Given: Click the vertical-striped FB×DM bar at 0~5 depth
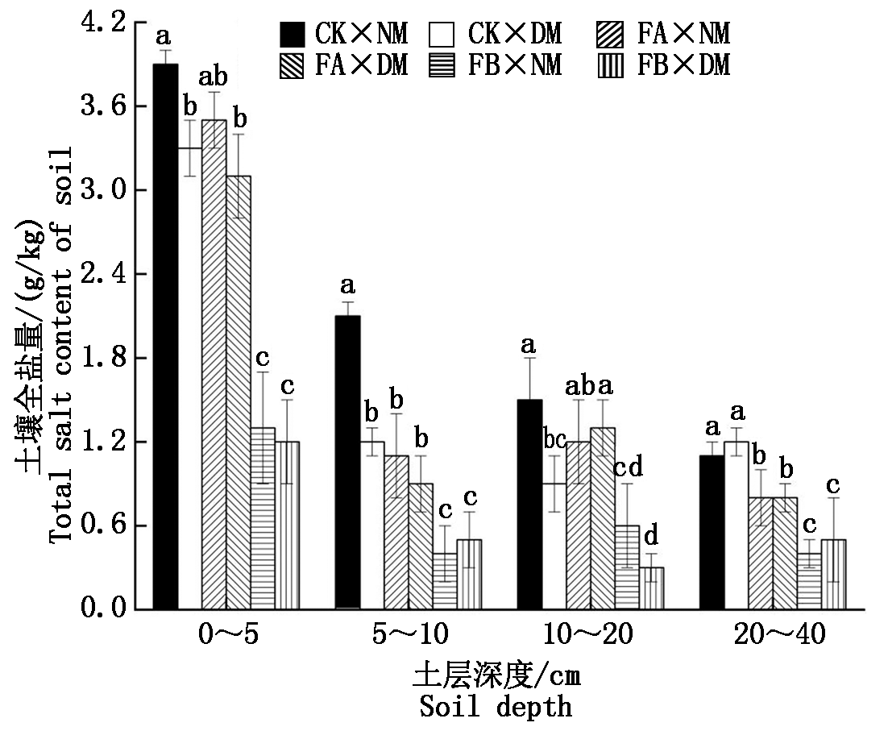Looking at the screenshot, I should point(286,525).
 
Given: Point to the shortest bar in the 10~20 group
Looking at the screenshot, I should point(651,588).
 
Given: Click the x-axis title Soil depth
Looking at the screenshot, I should point(496,707).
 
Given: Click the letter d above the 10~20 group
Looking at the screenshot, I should point(651,534).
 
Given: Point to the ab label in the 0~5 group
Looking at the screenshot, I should point(213,77).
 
